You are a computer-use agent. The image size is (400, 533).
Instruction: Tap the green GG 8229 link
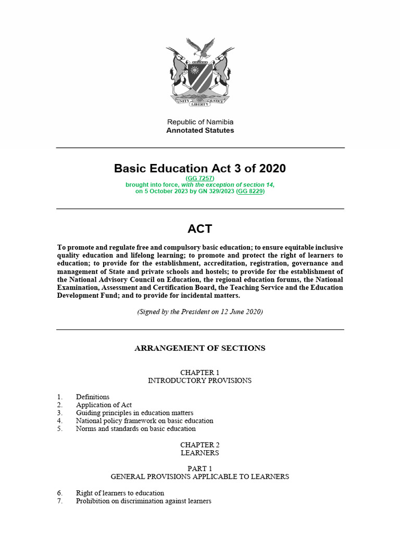[x=251, y=191]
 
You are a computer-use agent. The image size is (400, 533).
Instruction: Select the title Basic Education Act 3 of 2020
[x=200, y=168]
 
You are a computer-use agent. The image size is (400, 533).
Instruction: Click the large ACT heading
[x=200, y=229]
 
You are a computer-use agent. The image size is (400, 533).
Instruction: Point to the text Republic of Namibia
[x=200, y=122]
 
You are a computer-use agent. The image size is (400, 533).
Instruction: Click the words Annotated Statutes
[x=200, y=131]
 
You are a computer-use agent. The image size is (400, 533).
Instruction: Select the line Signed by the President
[x=200, y=312]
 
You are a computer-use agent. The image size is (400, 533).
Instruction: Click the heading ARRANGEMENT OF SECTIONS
[x=200, y=348]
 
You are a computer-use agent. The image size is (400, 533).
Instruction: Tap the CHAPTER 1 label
[x=200, y=373]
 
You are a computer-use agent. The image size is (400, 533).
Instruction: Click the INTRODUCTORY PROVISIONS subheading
[x=200, y=380]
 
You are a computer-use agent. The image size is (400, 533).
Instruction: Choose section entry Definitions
[x=93, y=397]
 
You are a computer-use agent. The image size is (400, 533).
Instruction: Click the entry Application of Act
[x=104, y=405]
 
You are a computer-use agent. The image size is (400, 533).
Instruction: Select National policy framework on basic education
[x=144, y=421]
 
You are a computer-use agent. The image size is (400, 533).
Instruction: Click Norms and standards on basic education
[x=135, y=429]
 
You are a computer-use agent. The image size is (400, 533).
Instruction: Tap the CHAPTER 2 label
[x=200, y=445]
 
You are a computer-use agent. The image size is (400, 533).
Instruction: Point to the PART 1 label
[x=200, y=468]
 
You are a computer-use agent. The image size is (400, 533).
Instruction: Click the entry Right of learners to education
[x=120, y=493]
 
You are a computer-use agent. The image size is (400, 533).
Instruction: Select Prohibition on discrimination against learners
[x=143, y=501]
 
